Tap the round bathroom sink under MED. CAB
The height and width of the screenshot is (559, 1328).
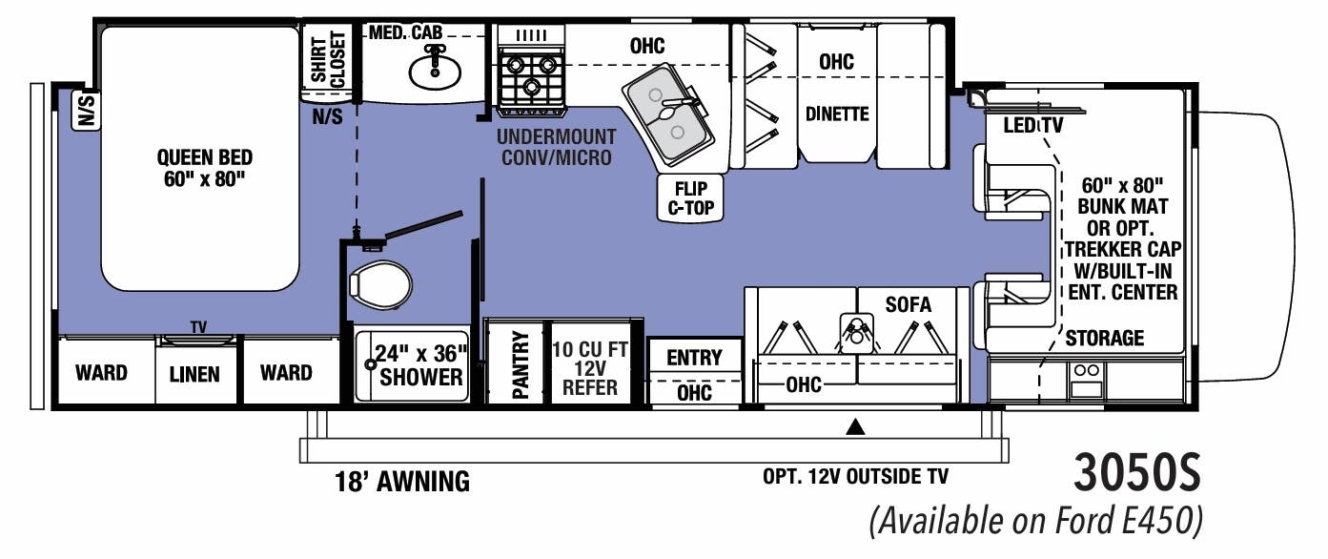click(x=435, y=70)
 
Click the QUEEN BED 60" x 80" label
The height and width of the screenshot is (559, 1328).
click(x=205, y=168)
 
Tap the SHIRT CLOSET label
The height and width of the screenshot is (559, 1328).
click(x=326, y=59)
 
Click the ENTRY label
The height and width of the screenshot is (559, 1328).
click(x=694, y=358)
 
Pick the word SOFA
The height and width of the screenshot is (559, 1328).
click(x=908, y=304)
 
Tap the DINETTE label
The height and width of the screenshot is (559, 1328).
click(x=837, y=114)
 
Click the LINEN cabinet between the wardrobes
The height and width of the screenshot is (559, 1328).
click(x=194, y=374)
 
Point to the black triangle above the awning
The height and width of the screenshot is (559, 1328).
click(x=855, y=427)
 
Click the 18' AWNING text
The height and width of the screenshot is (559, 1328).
click(x=400, y=482)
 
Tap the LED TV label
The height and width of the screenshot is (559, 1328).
click(x=1033, y=126)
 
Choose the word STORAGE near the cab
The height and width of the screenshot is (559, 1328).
click(x=1104, y=338)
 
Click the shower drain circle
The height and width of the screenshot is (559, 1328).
click(x=372, y=364)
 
